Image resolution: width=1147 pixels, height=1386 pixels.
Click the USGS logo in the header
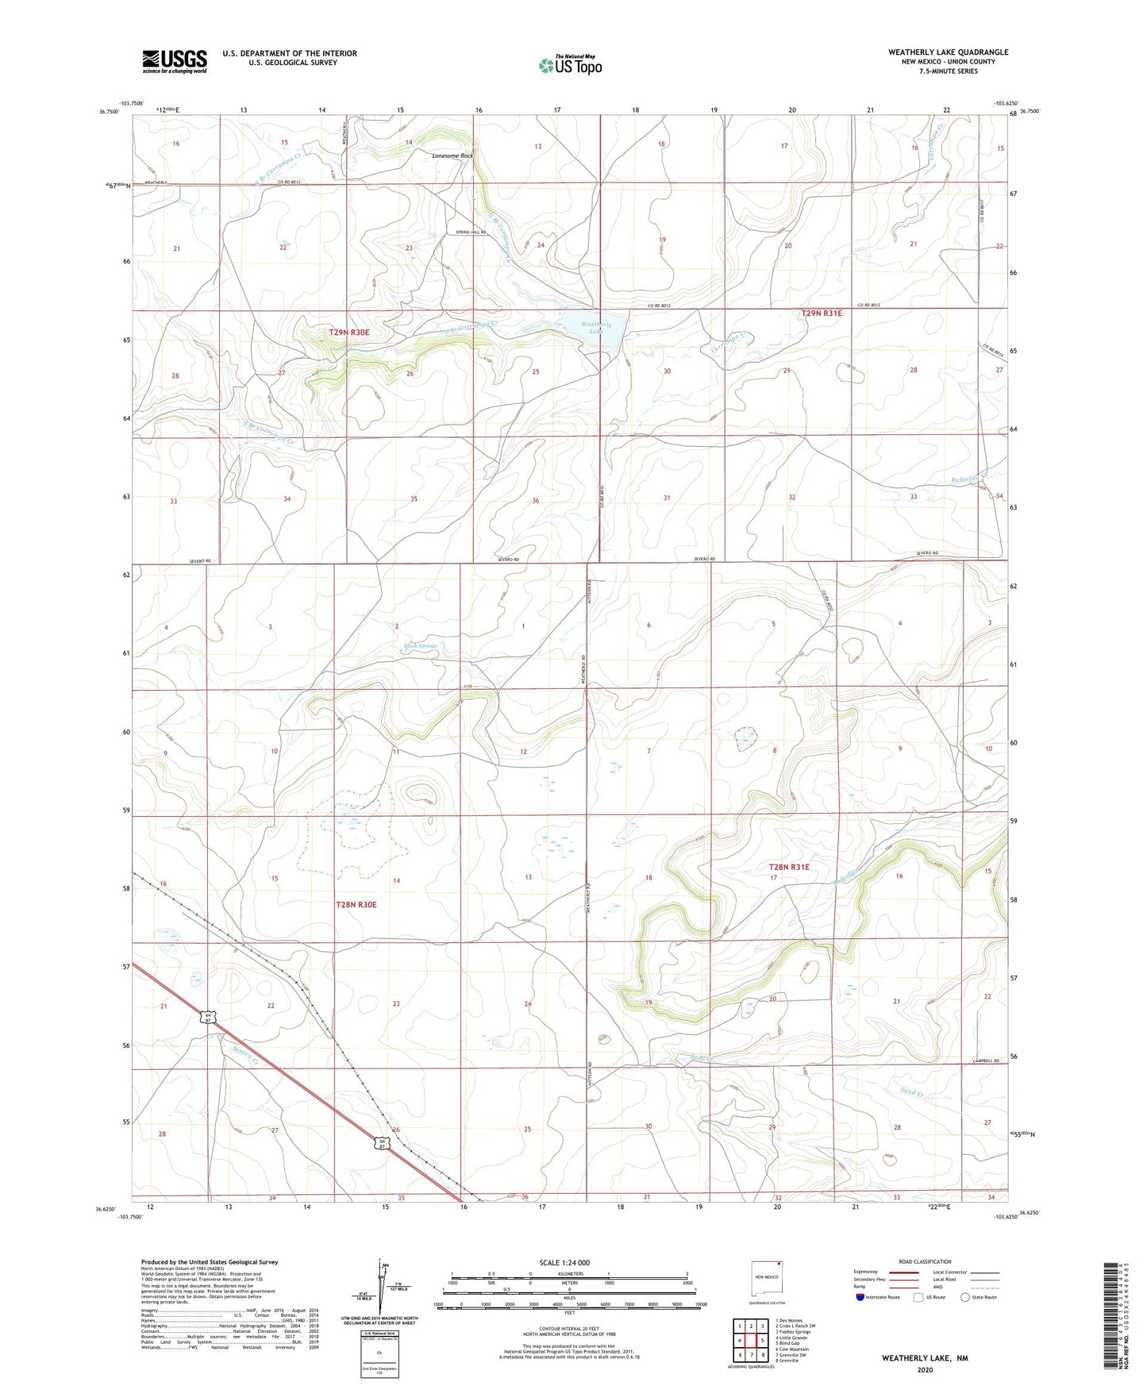point(175,61)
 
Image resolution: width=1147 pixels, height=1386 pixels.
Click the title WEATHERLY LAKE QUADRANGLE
point(948,52)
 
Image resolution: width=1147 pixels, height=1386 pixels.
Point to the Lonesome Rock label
point(452,156)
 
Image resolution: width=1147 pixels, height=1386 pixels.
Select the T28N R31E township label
point(789,867)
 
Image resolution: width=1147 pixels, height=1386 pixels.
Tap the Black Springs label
point(421,646)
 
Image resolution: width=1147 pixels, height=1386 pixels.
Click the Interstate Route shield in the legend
point(861,1298)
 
